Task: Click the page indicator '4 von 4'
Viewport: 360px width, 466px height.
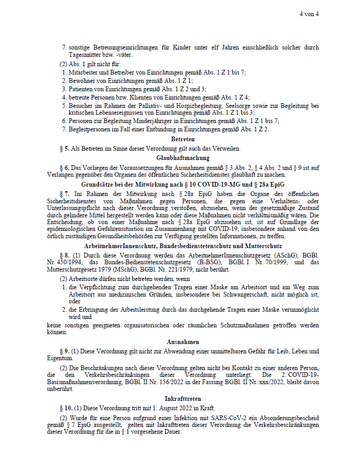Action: click(x=309, y=14)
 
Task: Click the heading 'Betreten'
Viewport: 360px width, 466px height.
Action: click(x=183, y=139)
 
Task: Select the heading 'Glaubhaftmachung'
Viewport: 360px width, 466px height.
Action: click(x=183, y=157)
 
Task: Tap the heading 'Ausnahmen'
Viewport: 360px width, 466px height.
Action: click(x=183, y=342)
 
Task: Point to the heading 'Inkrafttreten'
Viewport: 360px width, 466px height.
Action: click(x=183, y=399)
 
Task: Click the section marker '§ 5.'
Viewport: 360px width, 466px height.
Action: click(x=65, y=149)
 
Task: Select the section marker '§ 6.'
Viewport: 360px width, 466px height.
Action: click(x=65, y=167)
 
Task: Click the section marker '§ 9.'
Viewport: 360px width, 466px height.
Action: click(x=65, y=351)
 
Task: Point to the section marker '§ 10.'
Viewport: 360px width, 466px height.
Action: click(x=67, y=408)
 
